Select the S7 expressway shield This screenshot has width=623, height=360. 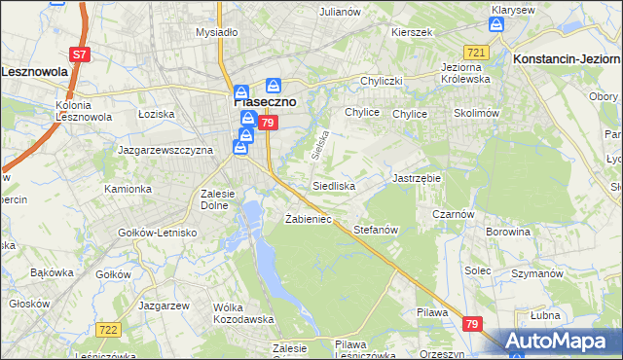[81, 55]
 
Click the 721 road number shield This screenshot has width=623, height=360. [476, 52]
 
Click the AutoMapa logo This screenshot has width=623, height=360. [565, 342]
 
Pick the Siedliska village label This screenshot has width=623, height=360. [333, 185]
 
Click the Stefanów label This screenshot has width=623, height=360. [377, 231]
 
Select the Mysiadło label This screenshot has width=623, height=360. [217, 32]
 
